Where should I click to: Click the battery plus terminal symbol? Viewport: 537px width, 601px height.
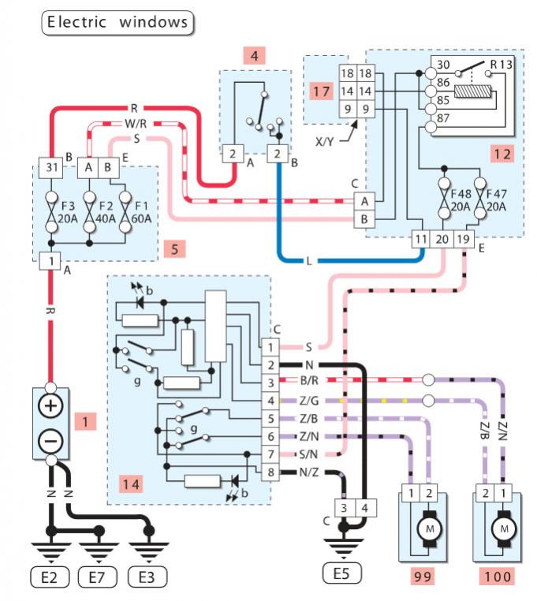tap(51, 407)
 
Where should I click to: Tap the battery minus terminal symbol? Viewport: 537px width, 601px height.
tap(51, 440)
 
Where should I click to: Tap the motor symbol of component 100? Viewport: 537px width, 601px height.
tap(502, 527)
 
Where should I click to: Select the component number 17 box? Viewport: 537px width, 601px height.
tap(321, 91)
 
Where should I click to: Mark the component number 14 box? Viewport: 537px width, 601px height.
tap(132, 483)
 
